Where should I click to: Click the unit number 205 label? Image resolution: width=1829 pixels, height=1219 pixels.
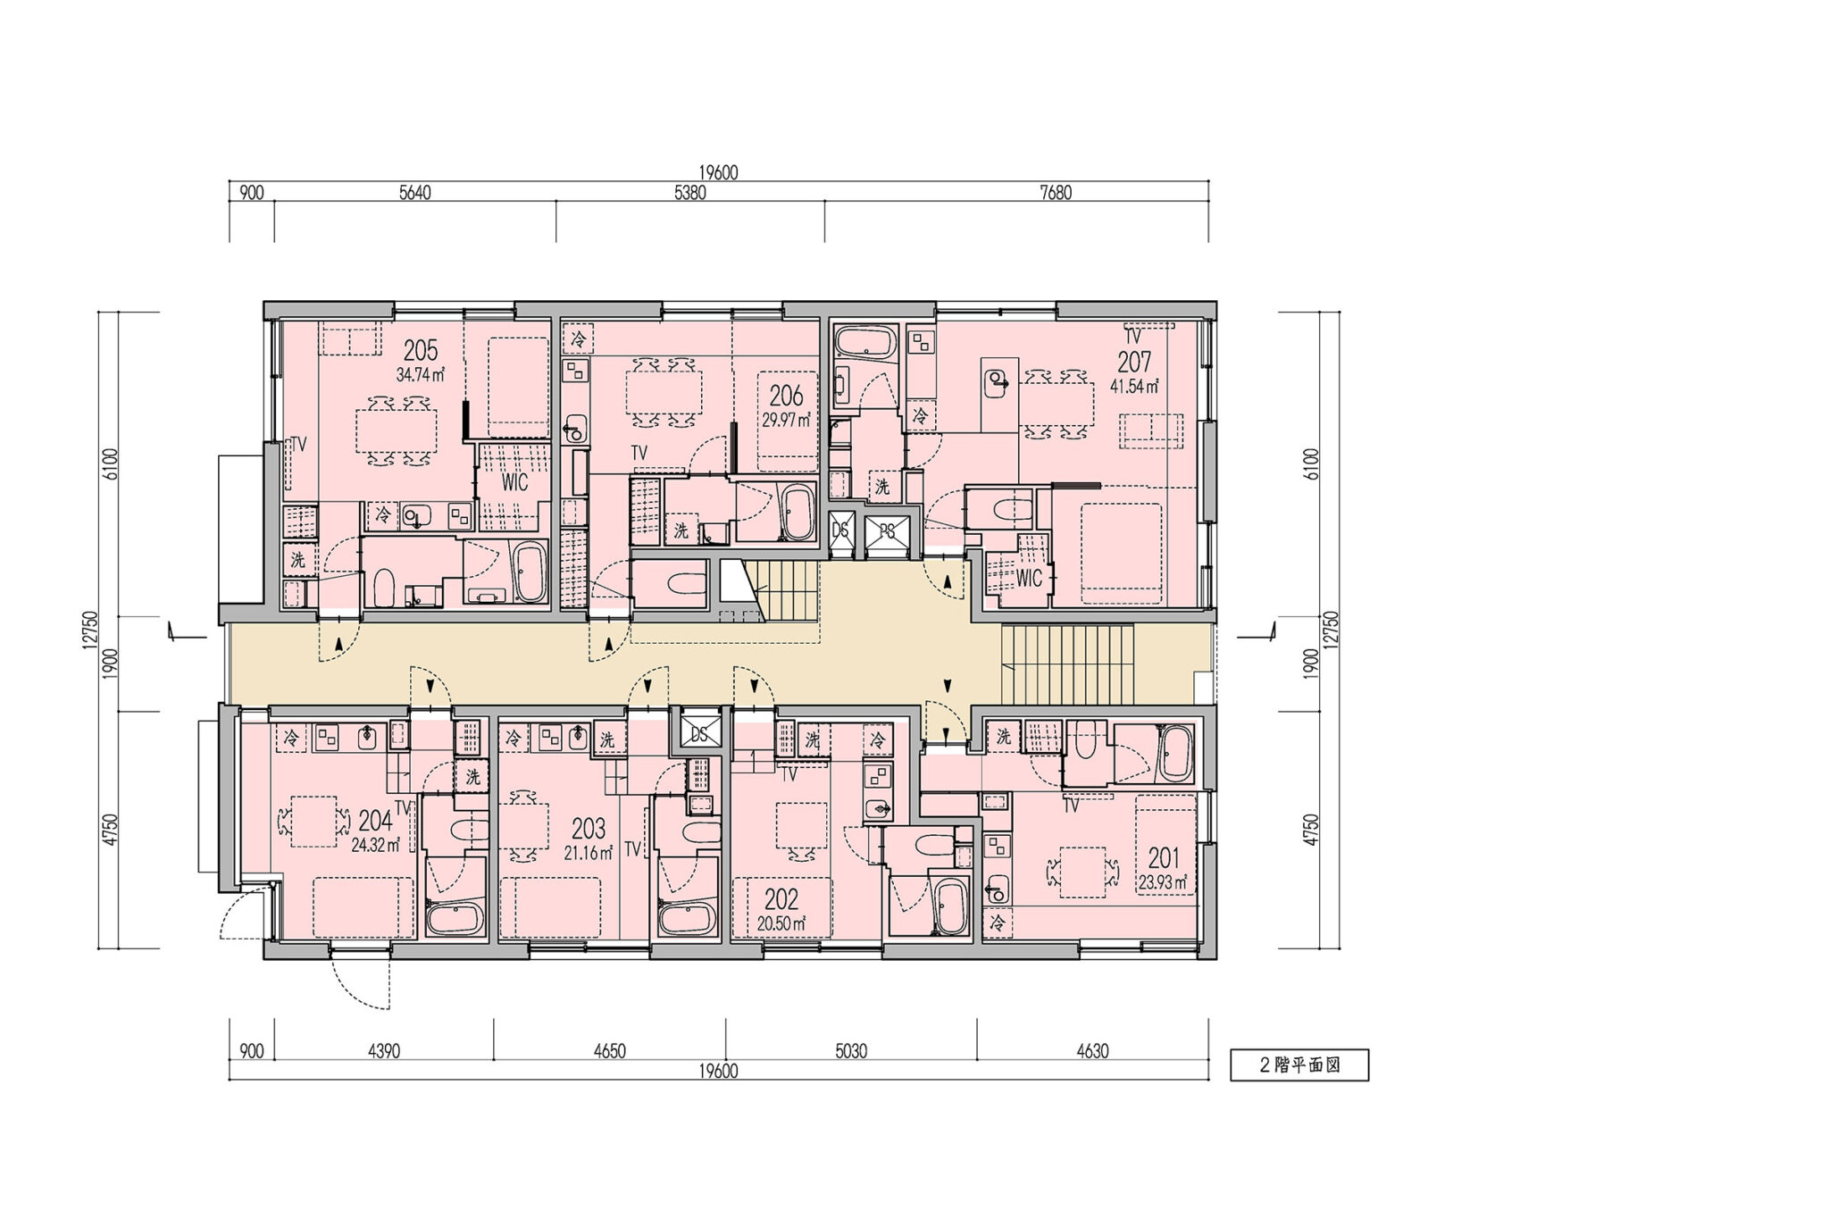tap(420, 349)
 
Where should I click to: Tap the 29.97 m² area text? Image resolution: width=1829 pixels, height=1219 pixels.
tap(786, 419)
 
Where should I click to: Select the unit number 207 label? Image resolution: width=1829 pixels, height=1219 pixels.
tap(1134, 361)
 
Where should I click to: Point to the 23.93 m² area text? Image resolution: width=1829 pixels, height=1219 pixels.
tap(1163, 882)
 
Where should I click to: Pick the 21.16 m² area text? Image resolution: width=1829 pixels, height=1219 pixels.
tap(588, 853)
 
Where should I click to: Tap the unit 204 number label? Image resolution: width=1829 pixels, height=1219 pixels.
tap(375, 821)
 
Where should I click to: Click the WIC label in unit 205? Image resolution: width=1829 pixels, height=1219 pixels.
tap(514, 482)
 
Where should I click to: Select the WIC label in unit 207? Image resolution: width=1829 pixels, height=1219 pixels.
tap(1029, 578)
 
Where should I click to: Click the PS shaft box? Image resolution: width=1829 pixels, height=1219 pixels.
tap(888, 531)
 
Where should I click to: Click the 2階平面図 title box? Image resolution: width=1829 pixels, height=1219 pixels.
tap(1299, 1065)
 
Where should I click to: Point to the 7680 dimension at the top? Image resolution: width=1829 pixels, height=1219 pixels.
tap(1056, 193)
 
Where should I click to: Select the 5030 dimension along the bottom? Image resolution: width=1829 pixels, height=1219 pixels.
tap(850, 1051)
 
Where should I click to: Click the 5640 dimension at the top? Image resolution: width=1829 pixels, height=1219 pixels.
tap(414, 193)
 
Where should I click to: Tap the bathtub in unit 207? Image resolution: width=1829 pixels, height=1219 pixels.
tap(864, 344)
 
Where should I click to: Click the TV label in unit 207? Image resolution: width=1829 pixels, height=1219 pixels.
tap(1132, 337)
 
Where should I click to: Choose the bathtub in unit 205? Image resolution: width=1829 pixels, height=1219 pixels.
tap(530, 572)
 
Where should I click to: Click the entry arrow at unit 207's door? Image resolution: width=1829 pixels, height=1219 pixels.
tap(948, 581)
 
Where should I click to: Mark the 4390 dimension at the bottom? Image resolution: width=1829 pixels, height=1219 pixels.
tap(384, 1051)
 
